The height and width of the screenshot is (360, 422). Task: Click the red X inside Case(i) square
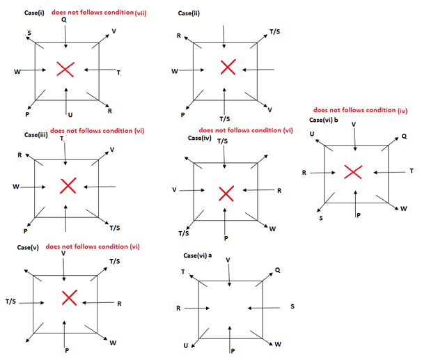[x=65, y=69]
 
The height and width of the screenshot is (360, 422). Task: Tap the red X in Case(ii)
[x=228, y=67]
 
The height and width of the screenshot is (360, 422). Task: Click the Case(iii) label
[x=36, y=134]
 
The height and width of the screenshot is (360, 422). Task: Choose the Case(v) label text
[x=36, y=247]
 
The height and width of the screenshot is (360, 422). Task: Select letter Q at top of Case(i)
[x=65, y=20]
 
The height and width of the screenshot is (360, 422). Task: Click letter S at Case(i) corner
[x=29, y=32]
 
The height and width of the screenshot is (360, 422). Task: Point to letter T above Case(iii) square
[x=63, y=139]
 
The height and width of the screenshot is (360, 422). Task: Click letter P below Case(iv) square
[x=226, y=237]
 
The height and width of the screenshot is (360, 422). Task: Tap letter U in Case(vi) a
[x=187, y=345]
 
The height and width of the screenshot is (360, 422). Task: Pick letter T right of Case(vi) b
[x=411, y=171]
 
